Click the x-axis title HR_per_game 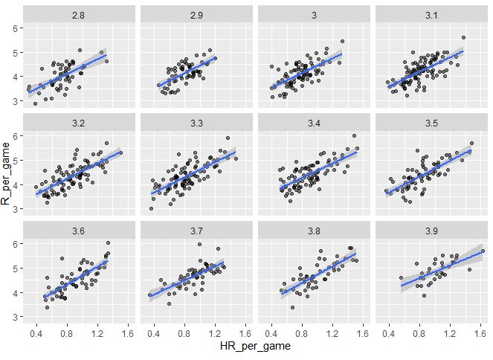pyautogui.click(x=255, y=347)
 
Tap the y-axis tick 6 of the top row pyautogui.click(x=16, y=28)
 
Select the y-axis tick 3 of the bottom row pyautogui.click(x=16, y=318)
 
